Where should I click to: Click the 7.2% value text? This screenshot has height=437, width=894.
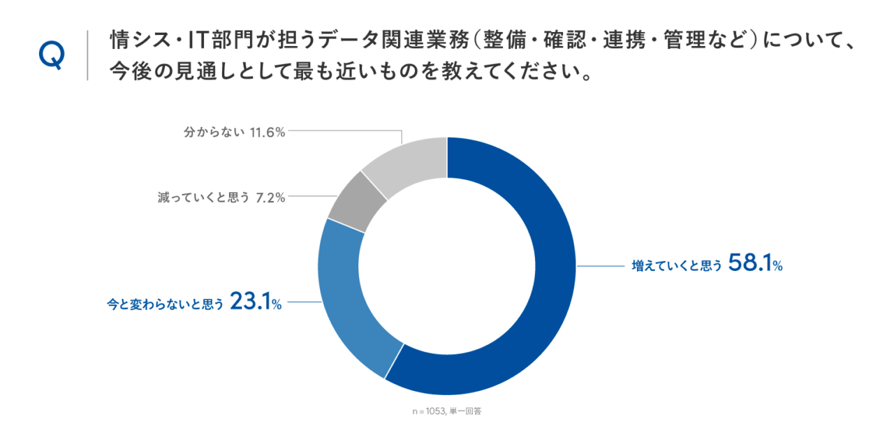pyautogui.click(x=270, y=198)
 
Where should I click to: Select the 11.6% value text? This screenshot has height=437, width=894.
pyautogui.click(x=268, y=132)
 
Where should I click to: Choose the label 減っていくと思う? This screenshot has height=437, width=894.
pyautogui.click(x=204, y=198)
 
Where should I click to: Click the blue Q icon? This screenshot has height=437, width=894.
pyautogui.click(x=52, y=55)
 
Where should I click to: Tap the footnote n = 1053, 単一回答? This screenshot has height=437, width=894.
pyautogui.click(x=446, y=412)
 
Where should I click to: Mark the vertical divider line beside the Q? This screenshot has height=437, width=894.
pyautogui.click(x=87, y=55)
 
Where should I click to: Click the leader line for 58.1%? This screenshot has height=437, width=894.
pyautogui.click(x=601, y=266)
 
